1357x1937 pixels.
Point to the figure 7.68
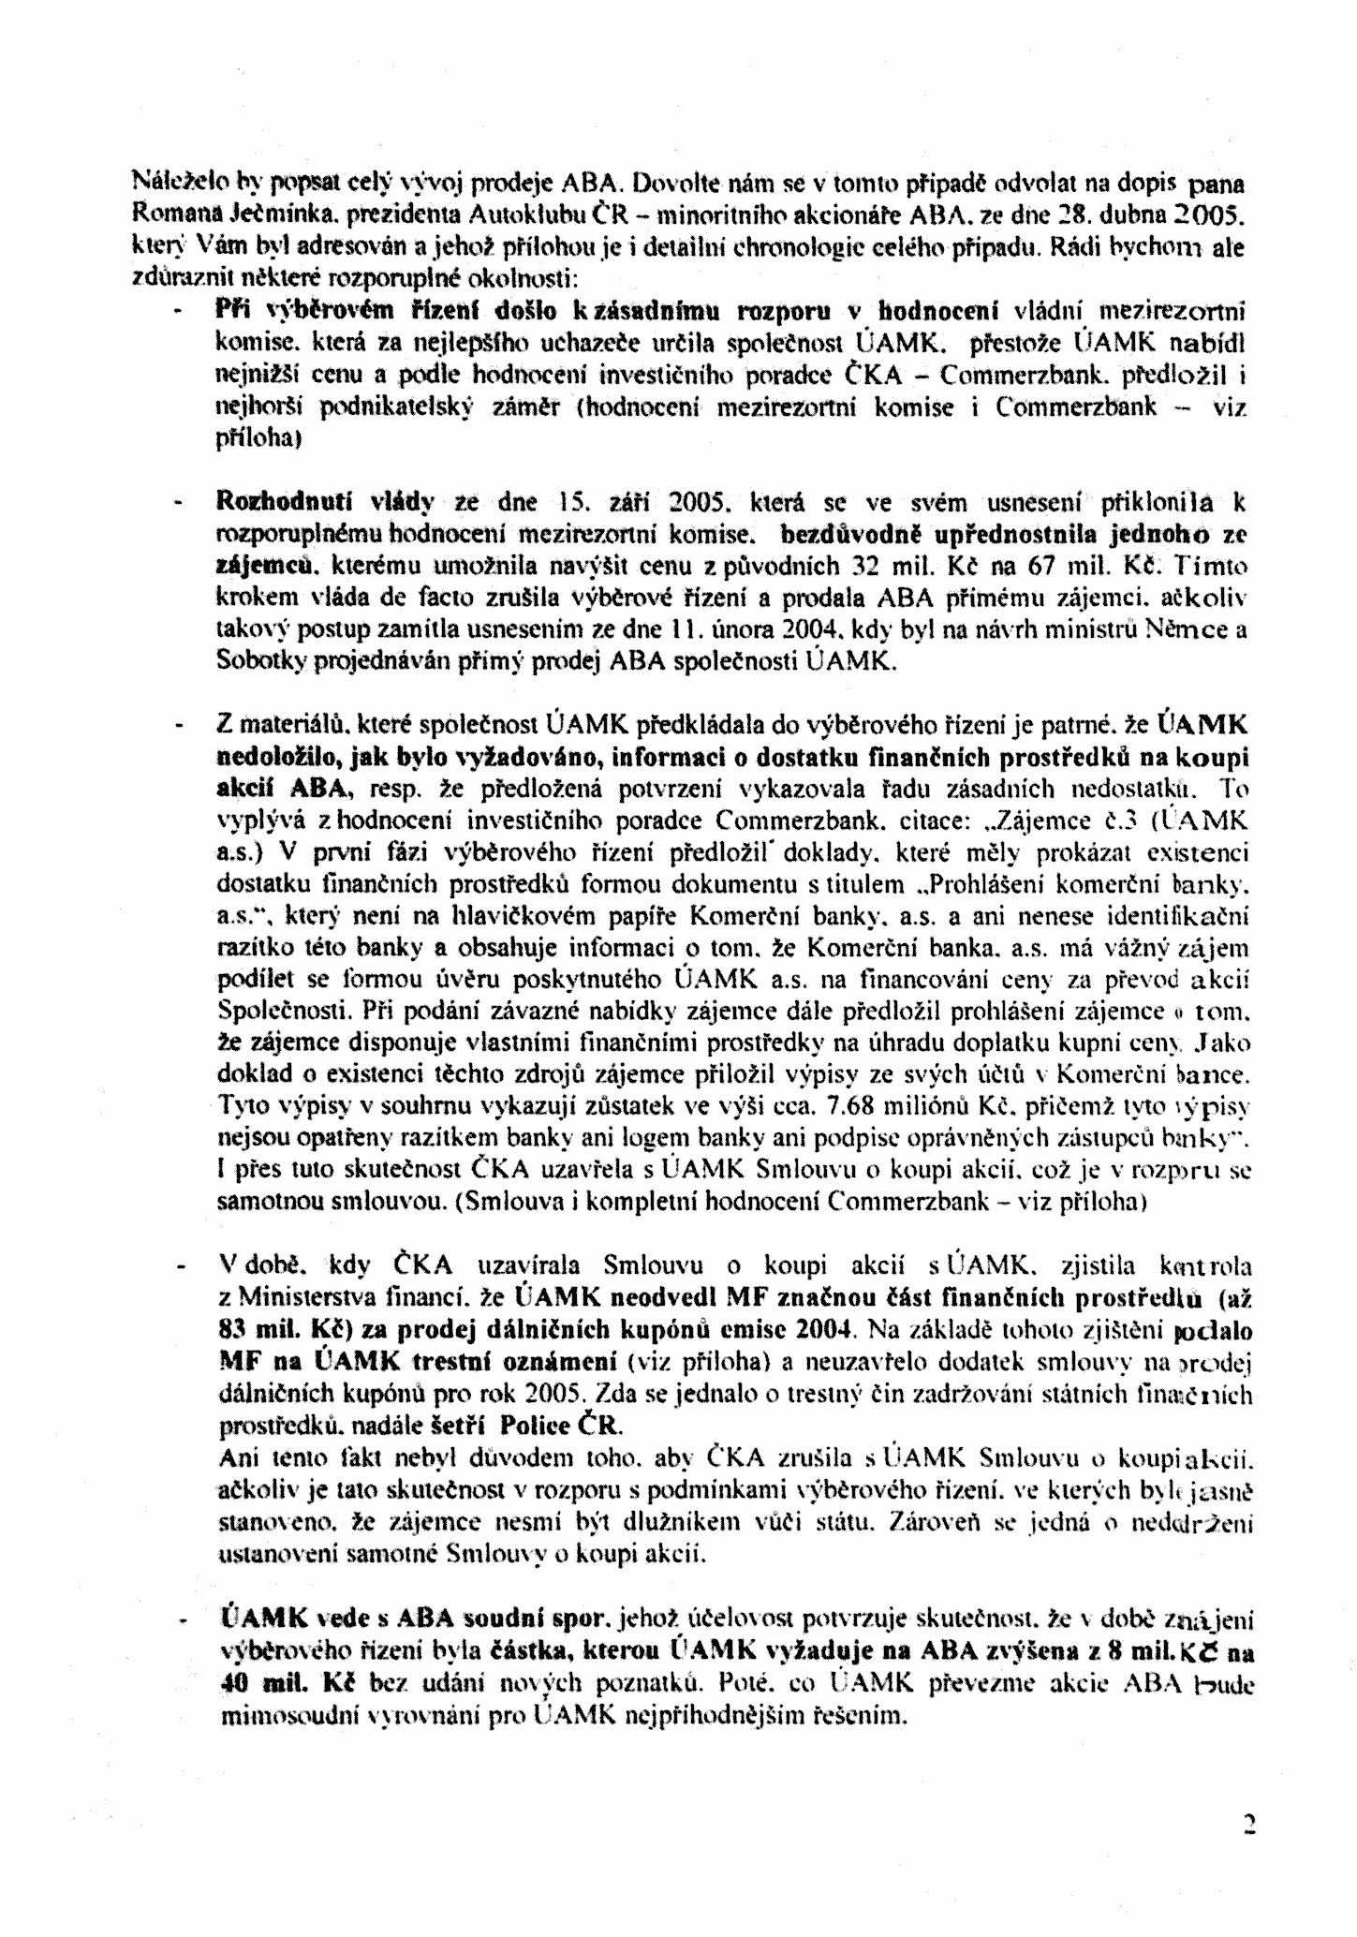[x=852, y=1106]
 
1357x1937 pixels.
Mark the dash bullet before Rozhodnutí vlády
[x=176, y=504]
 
